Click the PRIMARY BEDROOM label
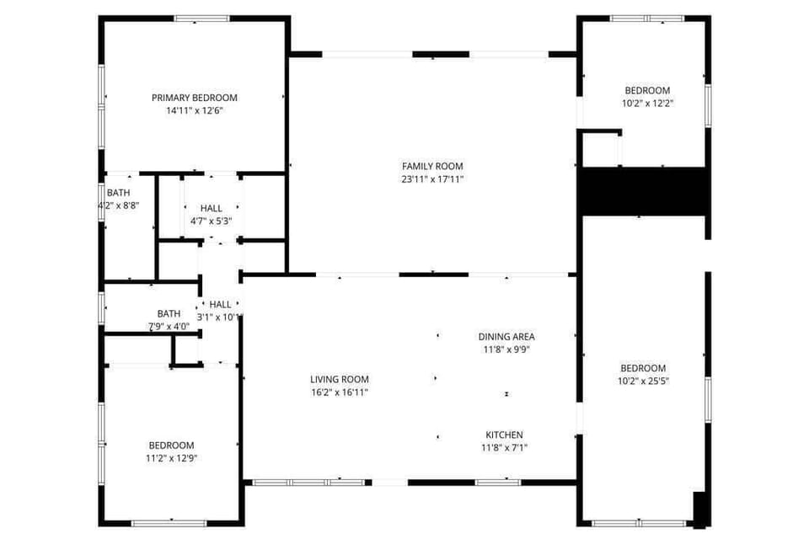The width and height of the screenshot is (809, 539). [x=195, y=98]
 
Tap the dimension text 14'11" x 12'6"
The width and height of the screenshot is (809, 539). [x=195, y=110]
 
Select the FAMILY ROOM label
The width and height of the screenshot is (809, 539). [x=432, y=166]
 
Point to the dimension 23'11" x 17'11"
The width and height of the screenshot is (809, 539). [x=432, y=179]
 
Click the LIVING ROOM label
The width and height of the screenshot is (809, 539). [x=340, y=379]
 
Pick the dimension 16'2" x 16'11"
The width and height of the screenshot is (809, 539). [x=340, y=392]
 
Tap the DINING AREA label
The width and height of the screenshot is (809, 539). [x=506, y=336]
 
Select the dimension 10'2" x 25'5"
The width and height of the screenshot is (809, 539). [x=643, y=381]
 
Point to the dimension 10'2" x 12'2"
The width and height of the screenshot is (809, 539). [x=647, y=103]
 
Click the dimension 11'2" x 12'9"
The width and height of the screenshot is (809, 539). [x=172, y=458]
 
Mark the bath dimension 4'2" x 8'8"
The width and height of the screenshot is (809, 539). [x=119, y=205]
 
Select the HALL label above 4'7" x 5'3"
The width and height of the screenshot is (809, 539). [x=212, y=208]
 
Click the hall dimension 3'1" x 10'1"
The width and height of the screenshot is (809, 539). [x=220, y=318]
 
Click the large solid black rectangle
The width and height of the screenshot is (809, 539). [x=641, y=191]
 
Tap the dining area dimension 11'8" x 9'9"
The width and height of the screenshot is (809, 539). [x=506, y=349]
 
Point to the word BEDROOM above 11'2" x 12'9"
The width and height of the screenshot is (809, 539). [x=172, y=446]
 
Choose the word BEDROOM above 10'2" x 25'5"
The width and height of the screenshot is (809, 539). [x=643, y=368]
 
